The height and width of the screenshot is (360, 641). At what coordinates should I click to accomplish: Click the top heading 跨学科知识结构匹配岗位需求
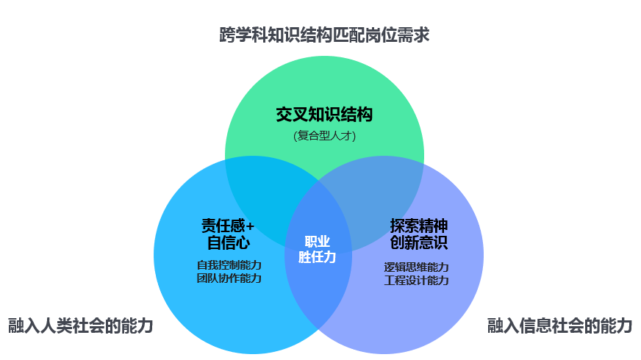(x=325, y=35)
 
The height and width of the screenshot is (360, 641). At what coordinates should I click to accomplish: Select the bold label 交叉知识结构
(x=324, y=115)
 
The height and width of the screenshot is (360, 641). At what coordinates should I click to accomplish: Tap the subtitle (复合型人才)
(x=325, y=135)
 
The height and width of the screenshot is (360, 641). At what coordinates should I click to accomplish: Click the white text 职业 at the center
(x=318, y=242)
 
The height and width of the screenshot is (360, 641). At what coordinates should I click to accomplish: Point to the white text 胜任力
(x=318, y=256)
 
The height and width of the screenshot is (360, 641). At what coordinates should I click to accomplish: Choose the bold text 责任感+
(x=228, y=226)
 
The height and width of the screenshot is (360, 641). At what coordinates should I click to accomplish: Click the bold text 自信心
(x=229, y=242)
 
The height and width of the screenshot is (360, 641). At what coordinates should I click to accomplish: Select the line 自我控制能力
(x=229, y=264)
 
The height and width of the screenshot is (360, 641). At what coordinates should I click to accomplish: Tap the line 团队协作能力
(x=229, y=278)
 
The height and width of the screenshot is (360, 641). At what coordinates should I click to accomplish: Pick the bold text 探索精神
(x=419, y=226)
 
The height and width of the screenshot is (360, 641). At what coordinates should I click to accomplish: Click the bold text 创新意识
(x=419, y=242)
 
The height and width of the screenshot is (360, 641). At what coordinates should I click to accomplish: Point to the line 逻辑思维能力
(x=417, y=267)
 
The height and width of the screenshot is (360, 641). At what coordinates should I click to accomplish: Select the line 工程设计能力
(x=417, y=281)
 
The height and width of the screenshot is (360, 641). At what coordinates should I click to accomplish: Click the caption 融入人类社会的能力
(x=81, y=325)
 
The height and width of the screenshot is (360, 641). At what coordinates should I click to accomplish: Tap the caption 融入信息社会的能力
(x=559, y=325)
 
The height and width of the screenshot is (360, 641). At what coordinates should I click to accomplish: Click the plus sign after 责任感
(x=250, y=226)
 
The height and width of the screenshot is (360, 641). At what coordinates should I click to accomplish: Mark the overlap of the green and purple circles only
(x=380, y=192)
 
